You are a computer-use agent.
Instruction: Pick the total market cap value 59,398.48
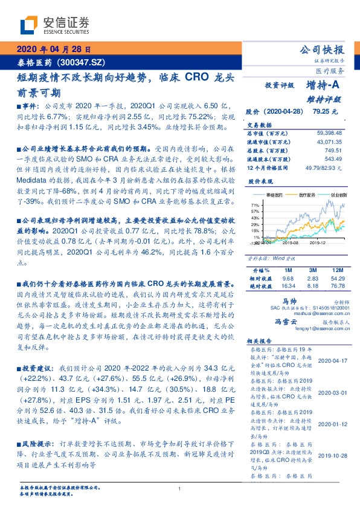[x=330, y=132]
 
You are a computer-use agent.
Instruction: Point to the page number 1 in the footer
[x=180, y=488]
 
